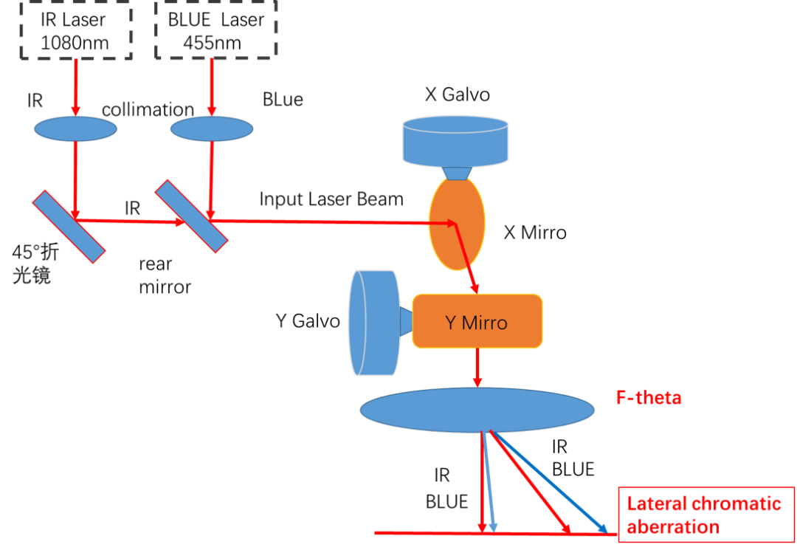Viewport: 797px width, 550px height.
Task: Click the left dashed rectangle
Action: (x=75, y=30)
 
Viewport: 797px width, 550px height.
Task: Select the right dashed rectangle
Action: (x=215, y=30)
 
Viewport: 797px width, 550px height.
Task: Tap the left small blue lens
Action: (x=75, y=128)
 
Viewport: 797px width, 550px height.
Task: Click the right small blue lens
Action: (x=212, y=128)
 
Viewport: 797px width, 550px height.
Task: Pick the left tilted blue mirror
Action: (x=69, y=226)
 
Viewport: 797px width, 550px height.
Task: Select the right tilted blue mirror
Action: (x=191, y=216)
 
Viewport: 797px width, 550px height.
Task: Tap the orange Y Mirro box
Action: (x=477, y=321)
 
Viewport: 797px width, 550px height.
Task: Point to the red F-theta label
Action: (x=649, y=398)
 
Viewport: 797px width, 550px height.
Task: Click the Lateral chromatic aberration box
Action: (x=706, y=515)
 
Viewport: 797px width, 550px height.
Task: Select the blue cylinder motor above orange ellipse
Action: (x=455, y=141)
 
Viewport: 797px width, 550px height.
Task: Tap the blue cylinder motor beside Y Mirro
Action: (x=374, y=323)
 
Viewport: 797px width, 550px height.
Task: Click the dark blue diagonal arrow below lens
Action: (x=550, y=482)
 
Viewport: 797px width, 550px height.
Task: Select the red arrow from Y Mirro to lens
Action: (x=477, y=367)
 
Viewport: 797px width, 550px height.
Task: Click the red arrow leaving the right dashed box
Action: (x=212, y=87)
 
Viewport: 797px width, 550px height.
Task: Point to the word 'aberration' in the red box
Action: (x=673, y=528)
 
